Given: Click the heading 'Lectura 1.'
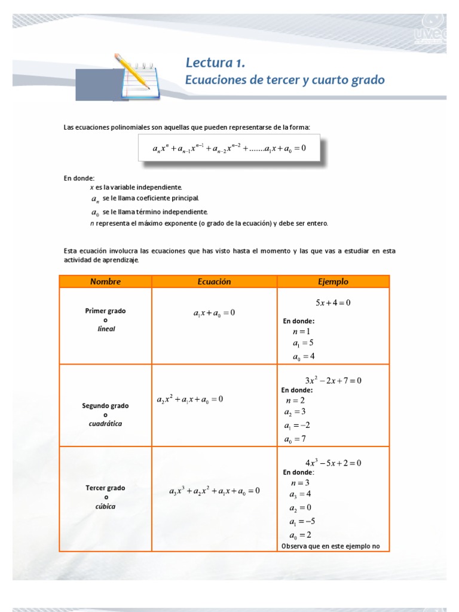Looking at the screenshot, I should (215, 63).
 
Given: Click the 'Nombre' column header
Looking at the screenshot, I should (105, 281).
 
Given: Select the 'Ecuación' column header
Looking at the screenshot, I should (214, 281).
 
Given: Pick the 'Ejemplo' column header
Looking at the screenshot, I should (333, 281).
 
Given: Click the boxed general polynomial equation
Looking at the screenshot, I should (229, 148).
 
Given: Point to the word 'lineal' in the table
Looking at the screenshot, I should (106, 329).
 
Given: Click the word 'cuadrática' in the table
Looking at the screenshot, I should (106, 424).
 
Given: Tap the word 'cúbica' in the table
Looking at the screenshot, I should (106, 506).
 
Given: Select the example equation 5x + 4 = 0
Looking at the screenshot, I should (333, 302).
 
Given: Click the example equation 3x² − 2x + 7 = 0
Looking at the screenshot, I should (333, 380).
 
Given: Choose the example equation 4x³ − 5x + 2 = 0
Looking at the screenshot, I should (333, 463).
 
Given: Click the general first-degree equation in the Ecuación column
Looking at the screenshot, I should (214, 313).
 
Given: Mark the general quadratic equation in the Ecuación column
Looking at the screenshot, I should (190, 399).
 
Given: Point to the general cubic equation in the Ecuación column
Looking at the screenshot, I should (214, 491).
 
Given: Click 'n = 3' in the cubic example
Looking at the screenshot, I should (300, 483).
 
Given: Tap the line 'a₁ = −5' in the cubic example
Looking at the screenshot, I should (299, 521).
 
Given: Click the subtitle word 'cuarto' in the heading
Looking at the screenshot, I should (335, 79).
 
